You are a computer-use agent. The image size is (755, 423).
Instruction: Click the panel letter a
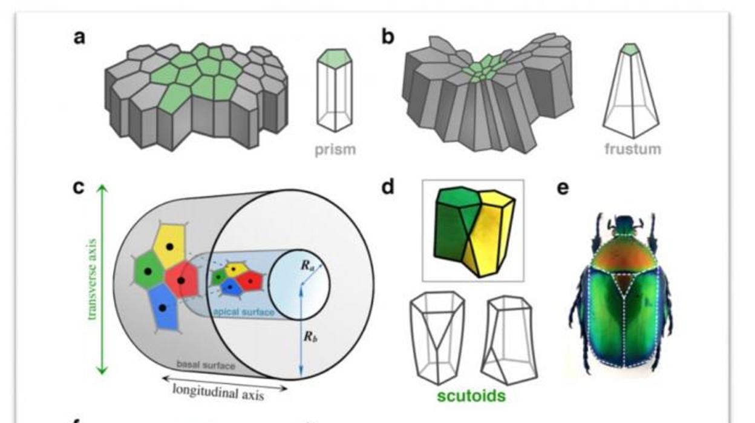(79, 38)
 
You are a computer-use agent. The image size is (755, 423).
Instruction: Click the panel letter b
(388, 37)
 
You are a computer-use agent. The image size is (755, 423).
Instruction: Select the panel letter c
(79, 186)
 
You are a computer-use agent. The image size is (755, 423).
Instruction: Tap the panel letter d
(388, 187)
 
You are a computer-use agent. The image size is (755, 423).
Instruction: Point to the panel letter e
(562, 188)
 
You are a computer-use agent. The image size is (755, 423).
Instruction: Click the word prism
(335, 148)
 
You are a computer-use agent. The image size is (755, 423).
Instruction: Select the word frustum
(632, 148)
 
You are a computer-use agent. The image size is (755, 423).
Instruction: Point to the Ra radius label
(304, 264)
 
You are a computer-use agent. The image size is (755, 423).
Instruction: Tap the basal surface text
(205, 365)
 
